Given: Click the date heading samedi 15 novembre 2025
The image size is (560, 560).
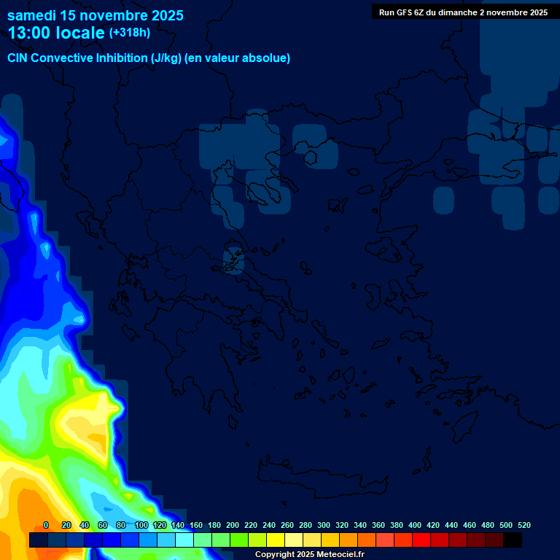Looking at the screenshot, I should point(96,15).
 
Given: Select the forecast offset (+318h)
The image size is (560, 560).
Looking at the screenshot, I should point(130,33).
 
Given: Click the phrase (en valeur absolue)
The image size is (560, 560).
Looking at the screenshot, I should point(238,58).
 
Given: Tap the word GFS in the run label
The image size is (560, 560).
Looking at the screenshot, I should point(404,12).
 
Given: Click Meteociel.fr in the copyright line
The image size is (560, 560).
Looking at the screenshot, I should point(335,555).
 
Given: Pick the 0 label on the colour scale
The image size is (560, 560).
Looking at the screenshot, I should point(46,525).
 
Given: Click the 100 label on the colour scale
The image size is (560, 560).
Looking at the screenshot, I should point(141,525).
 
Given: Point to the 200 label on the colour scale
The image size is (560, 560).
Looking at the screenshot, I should point(233,525).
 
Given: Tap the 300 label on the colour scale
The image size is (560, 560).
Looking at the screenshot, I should point(324,525).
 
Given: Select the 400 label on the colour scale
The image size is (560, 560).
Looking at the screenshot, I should point(415,525).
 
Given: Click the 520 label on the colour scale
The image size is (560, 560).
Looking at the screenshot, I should point(524,525).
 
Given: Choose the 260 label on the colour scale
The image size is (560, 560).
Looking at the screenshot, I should point(287,525).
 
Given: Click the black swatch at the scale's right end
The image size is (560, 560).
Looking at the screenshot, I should point(513,540).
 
